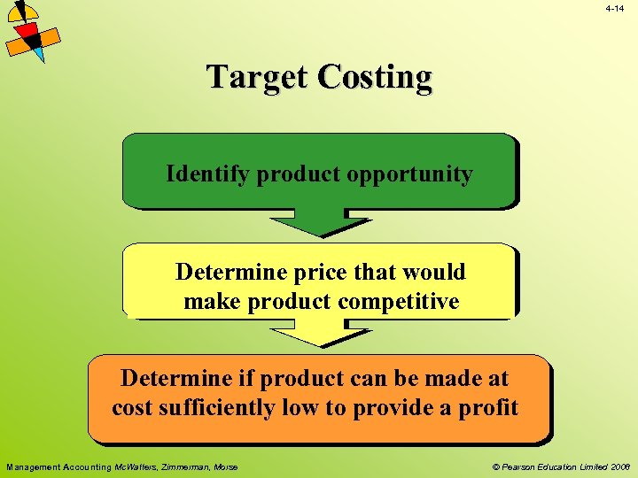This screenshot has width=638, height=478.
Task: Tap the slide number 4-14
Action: pos(615,8)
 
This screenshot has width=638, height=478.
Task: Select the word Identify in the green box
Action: pos(208,173)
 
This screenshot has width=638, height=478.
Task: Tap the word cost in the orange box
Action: pos(131,408)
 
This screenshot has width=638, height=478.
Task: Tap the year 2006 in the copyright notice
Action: pos(619,466)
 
